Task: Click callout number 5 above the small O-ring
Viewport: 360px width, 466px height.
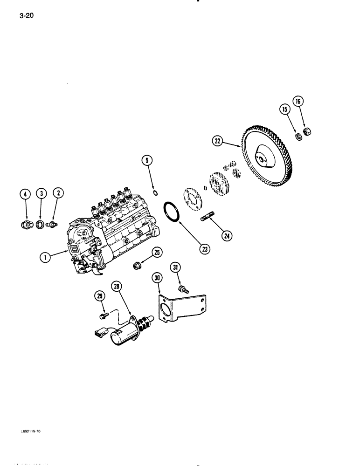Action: coord(147,161)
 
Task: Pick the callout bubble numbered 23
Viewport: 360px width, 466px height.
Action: coord(204,249)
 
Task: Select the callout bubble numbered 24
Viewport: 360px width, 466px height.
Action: coord(227,236)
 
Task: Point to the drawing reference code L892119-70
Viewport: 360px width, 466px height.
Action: coord(31,432)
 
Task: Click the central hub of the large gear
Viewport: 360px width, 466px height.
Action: coord(262,160)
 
